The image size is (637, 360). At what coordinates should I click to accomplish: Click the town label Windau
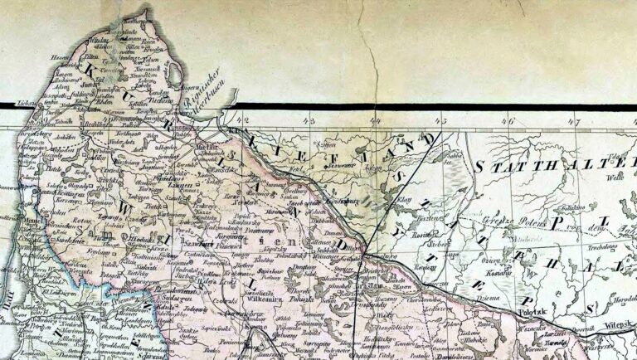(99, 38)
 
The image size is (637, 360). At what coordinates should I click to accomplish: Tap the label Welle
(615, 177)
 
